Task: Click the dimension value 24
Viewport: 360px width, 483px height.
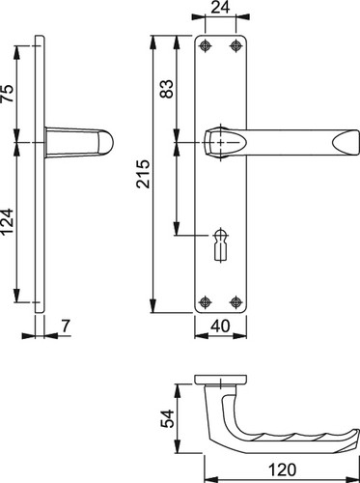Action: (x=220, y=8)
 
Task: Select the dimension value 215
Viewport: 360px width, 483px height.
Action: (x=143, y=174)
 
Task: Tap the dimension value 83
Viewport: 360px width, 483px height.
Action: (x=167, y=89)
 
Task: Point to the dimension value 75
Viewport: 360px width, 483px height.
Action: (x=8, y=94)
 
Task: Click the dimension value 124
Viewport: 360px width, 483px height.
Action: (x=8, y=221)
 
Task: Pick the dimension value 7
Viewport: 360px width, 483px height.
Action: (x=66, y=326)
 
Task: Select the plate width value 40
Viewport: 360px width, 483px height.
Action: (x=221, y=326)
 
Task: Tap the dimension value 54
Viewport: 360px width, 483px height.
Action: (x=167, y=418)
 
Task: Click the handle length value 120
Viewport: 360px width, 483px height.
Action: (x=282, y=469)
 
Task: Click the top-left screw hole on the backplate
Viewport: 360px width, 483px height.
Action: (x=205, y=46)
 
